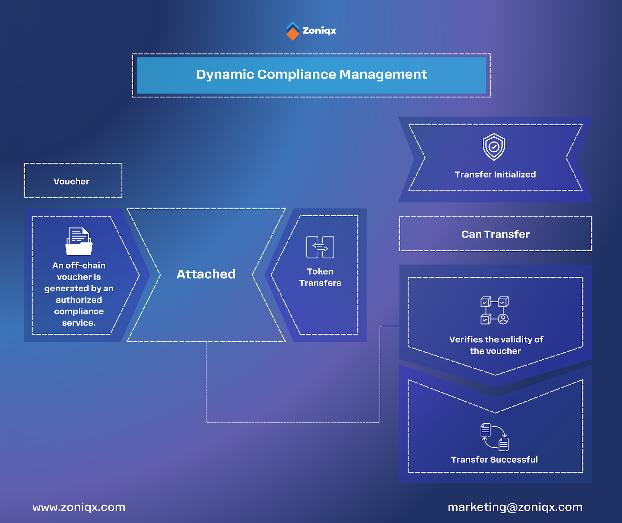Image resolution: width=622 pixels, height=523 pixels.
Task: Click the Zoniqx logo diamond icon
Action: pyautogui.click(x=292, y=31)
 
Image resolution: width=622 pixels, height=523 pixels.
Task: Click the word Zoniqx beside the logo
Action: pyautogui.click(x=319, y=31)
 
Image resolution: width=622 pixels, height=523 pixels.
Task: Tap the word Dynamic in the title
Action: pyautogui.click(x=225, y=75)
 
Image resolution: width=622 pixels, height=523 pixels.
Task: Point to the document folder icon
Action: pyautogui.click(x=79, y=241)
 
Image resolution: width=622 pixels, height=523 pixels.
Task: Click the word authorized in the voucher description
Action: pyautogui.click(x=79, y=300)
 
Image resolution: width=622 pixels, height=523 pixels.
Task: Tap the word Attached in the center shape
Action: pyautogui.click(x=206, y=274)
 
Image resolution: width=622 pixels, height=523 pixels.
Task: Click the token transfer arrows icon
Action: pyautogui.click(x=320, y=247)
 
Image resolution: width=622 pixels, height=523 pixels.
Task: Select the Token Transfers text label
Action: pyautogui.click(x=320, y=277)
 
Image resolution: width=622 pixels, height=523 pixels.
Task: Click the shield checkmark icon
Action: pyautogui.click(x=494, y=147)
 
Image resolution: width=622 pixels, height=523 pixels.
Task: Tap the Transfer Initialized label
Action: pyautogui.click(x=495, y=174)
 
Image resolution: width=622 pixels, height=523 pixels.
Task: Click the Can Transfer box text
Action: pyautogui.click(x=495, y=234)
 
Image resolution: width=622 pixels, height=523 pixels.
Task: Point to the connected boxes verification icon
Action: pyautogui.click(x=494, y=310)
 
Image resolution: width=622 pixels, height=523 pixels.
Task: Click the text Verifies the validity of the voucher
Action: pyautogui.click(x=496, y=345)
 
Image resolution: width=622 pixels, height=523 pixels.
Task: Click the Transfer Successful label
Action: pyautogui.click(x=494, y=459)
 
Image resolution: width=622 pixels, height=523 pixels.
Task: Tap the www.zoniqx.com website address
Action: pyautogui.click(x=79, y=507)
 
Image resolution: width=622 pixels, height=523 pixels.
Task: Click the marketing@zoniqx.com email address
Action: pyautogui.click(x=515, y=507)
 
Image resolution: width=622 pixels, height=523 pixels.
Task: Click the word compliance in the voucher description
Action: pyautogui.click(x=79, y=311)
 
